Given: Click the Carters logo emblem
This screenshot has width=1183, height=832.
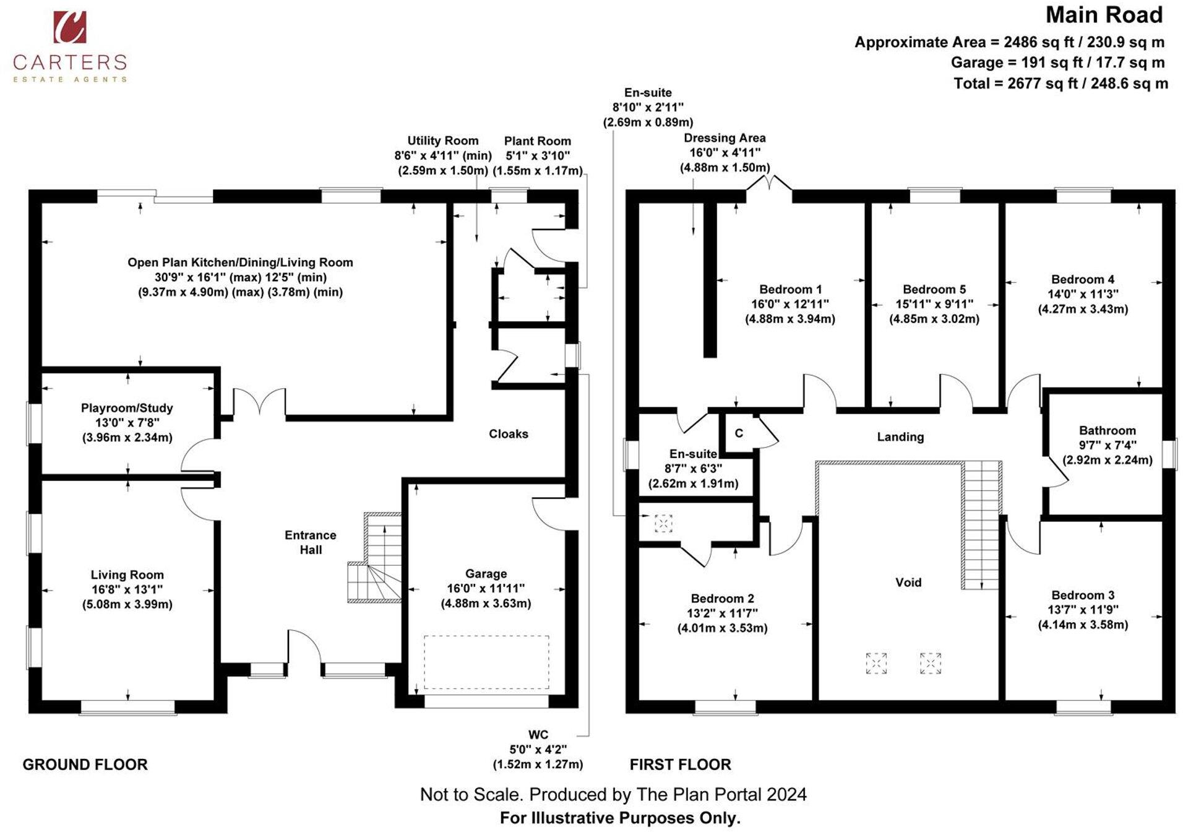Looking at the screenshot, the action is coord(69,27).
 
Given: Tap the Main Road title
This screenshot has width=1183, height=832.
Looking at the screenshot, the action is coord(1104,15).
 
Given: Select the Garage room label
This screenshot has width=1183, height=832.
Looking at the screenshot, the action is coord(486,574).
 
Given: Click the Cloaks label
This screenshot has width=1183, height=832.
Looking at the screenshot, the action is coord(508,434).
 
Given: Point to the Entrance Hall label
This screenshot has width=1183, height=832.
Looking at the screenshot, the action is coord(311,542).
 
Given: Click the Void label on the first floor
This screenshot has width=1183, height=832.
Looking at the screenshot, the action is coord(908,582).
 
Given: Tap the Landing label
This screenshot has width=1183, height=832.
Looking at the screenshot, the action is coord(900,436).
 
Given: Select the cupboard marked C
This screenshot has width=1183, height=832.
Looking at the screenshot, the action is coord(739,433).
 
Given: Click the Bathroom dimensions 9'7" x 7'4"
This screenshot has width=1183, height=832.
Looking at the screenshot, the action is coord(1107,445).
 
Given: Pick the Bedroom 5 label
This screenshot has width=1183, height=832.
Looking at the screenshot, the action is coord(934,289).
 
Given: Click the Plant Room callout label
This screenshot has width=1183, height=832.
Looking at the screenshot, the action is coord(537,141).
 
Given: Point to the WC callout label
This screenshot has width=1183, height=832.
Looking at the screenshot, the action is coord(538,735).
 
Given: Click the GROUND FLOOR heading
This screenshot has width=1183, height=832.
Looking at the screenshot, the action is coord(85,765).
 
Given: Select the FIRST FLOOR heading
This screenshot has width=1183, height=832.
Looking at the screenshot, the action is coord(680,765).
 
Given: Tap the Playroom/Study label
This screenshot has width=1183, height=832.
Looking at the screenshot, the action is coord(127,408).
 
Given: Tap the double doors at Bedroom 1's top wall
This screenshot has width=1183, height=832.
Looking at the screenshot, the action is coord(769,184).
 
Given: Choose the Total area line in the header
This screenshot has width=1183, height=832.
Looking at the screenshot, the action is coord(1060,83).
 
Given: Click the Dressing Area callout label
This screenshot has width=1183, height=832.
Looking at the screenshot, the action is coord(725,138).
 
